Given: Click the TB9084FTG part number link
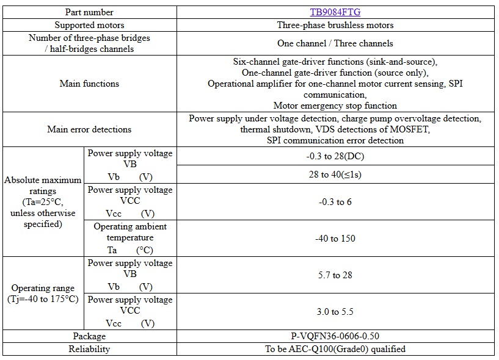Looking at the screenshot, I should pyautogui.click(x=335, y=12).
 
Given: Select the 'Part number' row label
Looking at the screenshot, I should pyautogui.click(x=89, y=12).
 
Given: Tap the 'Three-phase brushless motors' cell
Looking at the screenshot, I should pyautogui.click(x=335, y=25).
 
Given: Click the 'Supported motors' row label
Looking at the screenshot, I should pyautogui.click(x=89, y=25).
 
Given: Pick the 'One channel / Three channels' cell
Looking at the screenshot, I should pyautogui.click(x=335, y=43).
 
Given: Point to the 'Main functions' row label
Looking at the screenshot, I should pyautogui.click(x=89, y=84).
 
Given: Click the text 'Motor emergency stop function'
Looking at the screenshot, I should pyautogui.click(x=335, y=106).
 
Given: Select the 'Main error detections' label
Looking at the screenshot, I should pyautogui.click(x=89, y=129).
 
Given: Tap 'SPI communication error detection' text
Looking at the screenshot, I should pyautogui.click(x=335, y=140).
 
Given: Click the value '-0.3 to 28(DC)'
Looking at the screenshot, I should pyautogui.click(x=335, y=156).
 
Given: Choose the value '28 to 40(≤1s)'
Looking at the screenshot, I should pyautogui.click(x=335, y=175).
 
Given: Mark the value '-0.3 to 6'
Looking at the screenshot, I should pyautogui.click(x=335, y=202).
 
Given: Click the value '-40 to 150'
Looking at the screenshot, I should pyautogui.click(x=335, y=239).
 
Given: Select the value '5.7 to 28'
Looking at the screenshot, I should pyautogui.click(x=335, y=275).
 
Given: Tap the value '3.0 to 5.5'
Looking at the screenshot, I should pyautogui.click(x=335, y=312).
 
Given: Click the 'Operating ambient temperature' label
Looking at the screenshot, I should pyautogui.click(x=129, y=232).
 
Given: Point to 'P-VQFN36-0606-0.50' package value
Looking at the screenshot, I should pyautogui.click(x=335, y=336).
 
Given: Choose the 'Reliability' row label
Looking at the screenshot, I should pyautogui.click(x=89, y=349).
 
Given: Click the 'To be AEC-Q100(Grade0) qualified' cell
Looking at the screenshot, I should pyautogui.click(x=335, y=349).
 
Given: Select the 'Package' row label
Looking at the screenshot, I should pyautogui.click(x=89, y=336).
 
